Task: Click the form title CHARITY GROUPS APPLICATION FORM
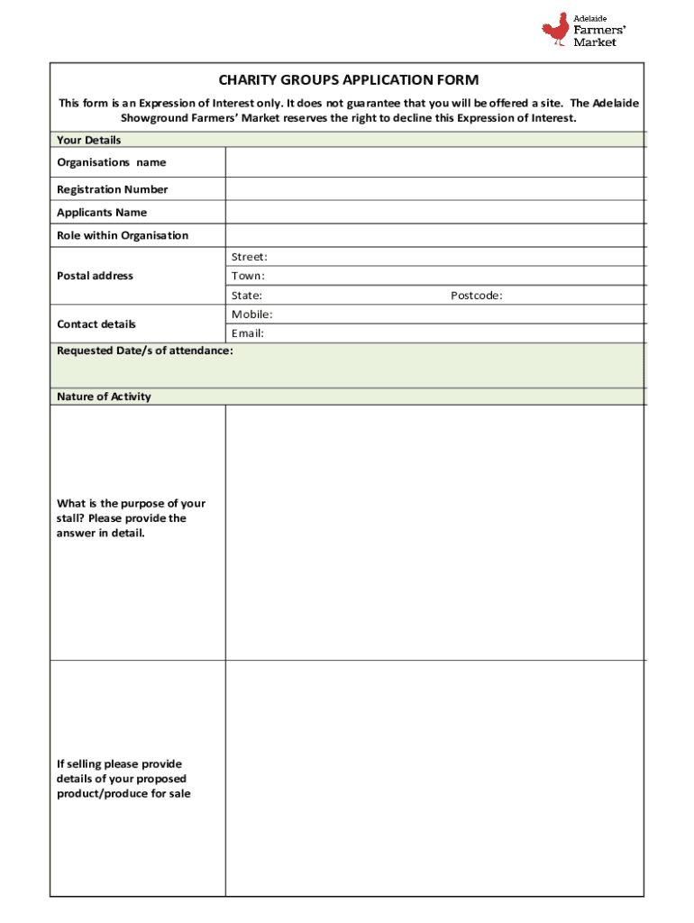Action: click(348, 80)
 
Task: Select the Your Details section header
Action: click(89, 140)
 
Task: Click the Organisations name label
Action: click(112, 162)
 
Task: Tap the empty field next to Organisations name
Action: click(434, 162)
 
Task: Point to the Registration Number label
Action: click(113, 189)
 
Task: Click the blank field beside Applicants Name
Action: click(434, 212)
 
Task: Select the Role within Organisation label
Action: click(123, 235)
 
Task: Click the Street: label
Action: click(250, 257)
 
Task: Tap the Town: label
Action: click(248, 276)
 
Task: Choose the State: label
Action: click(247, 296)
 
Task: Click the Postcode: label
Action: click(477, 296)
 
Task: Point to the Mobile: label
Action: click(252, 315)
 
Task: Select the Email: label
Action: click(248, 334)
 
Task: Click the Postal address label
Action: click(95, 276)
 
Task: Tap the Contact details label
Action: click(96, 324)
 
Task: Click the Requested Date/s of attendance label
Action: click(145, 350)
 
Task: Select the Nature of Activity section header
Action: click(104, 397)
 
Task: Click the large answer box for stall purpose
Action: click(434, 532)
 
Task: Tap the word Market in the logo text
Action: click(596, 42)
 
